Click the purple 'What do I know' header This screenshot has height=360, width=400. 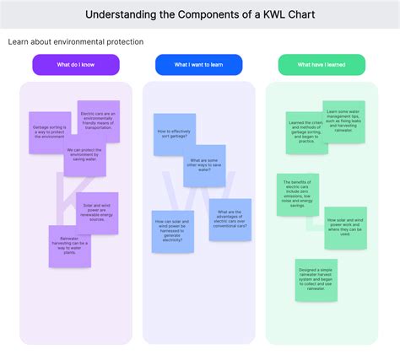coord(76,65)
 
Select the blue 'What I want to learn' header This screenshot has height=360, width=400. coord(198,65)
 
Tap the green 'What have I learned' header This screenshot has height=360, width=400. coord(322,65)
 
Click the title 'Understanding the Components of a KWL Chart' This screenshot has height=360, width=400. coord(200,15)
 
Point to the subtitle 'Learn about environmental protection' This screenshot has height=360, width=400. coord(76,41)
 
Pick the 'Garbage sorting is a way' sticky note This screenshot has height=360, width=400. coord(49,132)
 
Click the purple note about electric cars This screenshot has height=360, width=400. coord(99,121)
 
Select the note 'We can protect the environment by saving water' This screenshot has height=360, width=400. coord(84,157)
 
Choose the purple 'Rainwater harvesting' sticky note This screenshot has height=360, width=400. coord(70,246)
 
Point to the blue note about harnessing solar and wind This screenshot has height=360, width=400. coord(173,231)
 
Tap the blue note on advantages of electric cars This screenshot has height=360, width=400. coord(230,219)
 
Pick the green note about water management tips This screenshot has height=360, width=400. coord(343,121)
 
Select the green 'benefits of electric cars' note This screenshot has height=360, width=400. coord(298,195)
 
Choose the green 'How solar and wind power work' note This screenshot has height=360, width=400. coord(345,228)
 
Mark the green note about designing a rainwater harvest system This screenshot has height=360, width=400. coord(316,280)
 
